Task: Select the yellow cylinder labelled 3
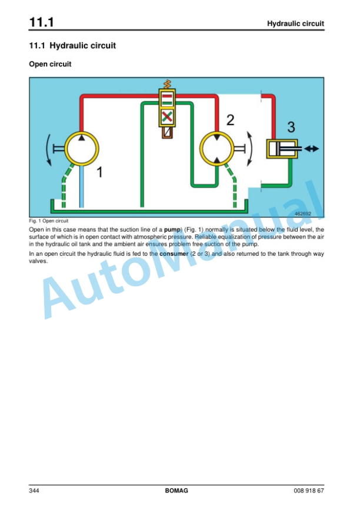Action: point(282,149)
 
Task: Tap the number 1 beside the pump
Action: point(100,172)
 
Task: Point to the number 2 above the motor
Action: point(231,120)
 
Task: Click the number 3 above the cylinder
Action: point(291,127)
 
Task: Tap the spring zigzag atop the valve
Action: point(167,84)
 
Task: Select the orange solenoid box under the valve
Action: point(167,132)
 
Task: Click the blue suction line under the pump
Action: point(82,186)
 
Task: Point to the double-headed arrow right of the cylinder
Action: point(312,149)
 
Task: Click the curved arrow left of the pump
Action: point(48,149)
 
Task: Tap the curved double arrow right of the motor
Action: point(250,149)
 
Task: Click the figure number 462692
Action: point(303,213)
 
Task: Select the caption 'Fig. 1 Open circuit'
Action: point(49,221)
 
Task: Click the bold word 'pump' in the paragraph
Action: point(172,230)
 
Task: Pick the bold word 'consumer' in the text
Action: point(174,254)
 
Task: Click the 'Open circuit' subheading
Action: point(50,64)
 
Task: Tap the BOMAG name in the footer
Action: point(176,491)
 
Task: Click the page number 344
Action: point(34,491)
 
